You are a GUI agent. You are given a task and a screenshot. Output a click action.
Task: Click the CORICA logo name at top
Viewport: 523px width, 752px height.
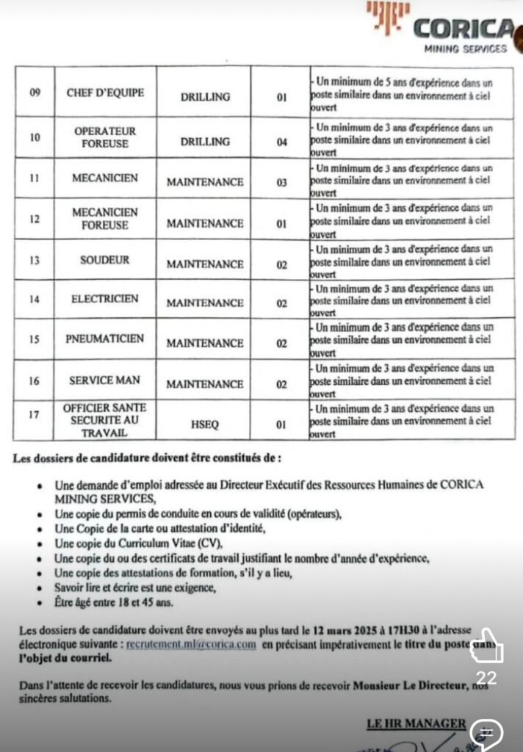(x=463, y=29)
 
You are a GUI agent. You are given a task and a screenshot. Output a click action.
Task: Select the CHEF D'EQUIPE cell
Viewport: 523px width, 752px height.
(x=105, y=93)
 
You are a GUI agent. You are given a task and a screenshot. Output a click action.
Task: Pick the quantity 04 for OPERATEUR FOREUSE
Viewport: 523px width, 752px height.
(x=281, y=142)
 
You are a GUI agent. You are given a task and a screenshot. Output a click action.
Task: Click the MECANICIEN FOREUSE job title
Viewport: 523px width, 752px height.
(x=105, y=218)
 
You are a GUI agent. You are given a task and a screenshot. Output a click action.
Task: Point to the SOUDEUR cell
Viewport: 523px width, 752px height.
(x=105, y=260)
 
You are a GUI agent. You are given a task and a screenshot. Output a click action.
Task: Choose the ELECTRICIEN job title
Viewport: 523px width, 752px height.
(x=105, y=299)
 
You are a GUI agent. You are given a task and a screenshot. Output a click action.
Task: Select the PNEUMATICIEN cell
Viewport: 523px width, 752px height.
(x=105, y=339)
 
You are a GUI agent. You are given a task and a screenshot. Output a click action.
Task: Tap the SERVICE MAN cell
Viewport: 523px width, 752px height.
(x=105, y=380)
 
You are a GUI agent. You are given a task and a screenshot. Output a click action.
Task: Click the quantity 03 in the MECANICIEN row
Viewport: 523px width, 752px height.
(x=281, y=183)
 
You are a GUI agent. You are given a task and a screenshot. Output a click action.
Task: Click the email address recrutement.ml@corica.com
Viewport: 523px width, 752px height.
(x=191, y=644)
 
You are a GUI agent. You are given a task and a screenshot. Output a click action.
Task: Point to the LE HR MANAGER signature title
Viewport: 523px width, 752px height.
(x=416, y=724)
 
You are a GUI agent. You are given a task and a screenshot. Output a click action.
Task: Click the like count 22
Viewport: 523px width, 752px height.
(x=486, y=677)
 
